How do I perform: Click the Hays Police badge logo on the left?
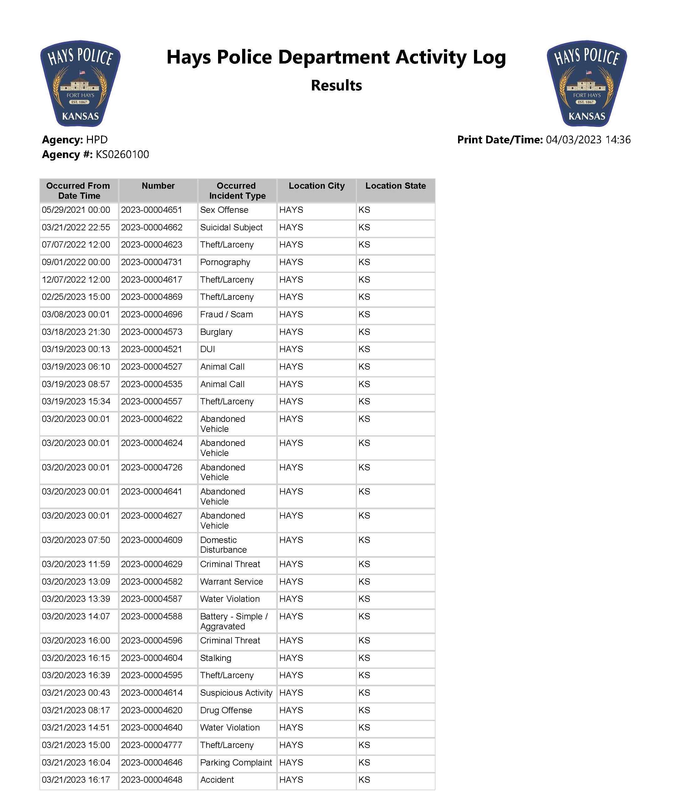coord(80,83)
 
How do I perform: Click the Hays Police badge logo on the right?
coord(586,83)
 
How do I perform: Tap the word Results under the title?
coord(336,85)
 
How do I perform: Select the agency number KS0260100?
coord(122,155)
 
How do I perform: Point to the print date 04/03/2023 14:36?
coord(588,140)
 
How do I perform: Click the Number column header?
coord(158,186)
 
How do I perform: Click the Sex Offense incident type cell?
coord(224,210)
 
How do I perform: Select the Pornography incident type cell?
coord(225,263)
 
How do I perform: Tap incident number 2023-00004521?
coord(151,349)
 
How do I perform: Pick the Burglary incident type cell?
coord(216,332)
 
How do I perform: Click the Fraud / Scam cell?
coord(226,315)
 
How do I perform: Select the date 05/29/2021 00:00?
coord(76,210)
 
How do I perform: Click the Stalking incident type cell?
coord(216,658)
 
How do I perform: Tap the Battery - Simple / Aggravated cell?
coord(233,621)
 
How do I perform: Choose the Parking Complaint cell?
coord(236,762)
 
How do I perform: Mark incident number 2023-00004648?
coord(151,780)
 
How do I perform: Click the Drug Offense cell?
coord(226,710)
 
